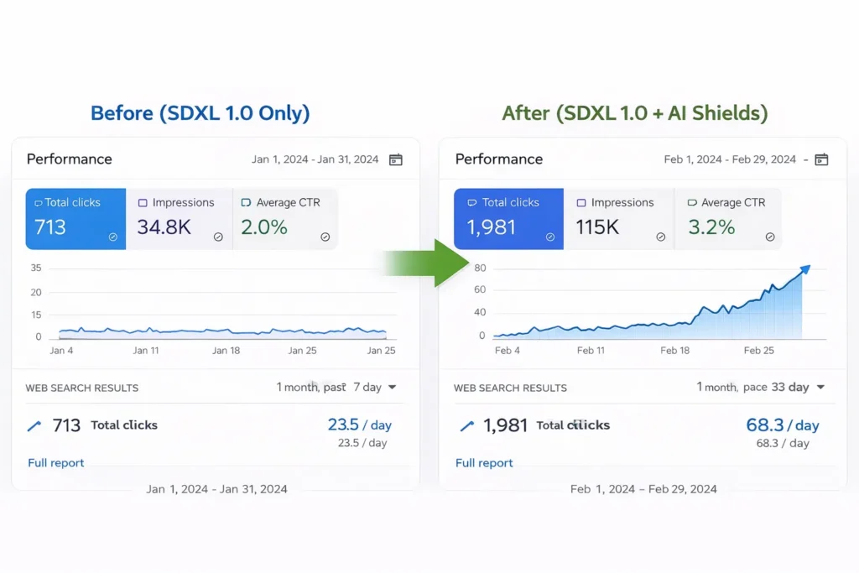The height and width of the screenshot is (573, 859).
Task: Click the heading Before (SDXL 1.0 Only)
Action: click(x=200, y=113)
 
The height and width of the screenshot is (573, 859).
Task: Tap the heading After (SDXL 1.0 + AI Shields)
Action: click(x=635, y=113)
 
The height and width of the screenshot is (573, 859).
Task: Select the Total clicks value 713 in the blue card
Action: click(x=50, y=227)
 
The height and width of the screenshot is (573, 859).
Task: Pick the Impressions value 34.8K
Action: click(x=164, y=227)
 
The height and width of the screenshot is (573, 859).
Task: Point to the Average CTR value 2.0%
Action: click(x=264, y=227)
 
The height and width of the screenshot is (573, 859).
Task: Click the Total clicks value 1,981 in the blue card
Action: click(x=492, y=227)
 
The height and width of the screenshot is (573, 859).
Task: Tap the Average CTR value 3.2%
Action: click(x=711, y=227)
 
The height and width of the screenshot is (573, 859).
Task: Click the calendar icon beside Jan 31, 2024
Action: click(x=395, y=159)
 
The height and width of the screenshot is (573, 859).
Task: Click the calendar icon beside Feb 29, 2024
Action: click(x=822, y=159)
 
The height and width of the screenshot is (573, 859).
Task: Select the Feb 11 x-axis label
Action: click(x=591, y=351)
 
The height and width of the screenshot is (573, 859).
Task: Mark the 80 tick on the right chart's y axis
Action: click(x=480, y=268)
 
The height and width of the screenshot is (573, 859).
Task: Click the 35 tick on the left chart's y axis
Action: click(x=35, y=268)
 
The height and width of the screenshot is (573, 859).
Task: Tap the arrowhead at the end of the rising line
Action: click(x=805, y=269)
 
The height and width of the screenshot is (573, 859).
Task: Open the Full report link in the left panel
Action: click(x=56, y=463)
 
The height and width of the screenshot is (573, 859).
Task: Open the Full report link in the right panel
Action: click(x=484, y=463)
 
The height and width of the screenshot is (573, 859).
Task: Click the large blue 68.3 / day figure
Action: click(x=783, y=425)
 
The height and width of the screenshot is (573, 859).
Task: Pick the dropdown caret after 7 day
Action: click(x=393, y=388)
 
